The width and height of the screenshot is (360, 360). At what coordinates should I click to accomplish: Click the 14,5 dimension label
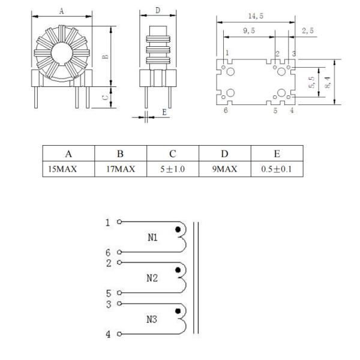(256, 16)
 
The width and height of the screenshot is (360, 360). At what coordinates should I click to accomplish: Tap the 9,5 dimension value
(249, 31)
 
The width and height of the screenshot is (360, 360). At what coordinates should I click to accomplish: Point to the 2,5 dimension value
(308, 31)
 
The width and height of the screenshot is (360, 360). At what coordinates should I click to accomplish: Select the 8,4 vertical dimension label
(328, 82)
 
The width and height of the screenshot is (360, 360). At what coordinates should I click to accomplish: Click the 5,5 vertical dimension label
(312, 82)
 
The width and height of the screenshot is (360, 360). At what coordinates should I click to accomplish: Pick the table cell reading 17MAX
(121, 169)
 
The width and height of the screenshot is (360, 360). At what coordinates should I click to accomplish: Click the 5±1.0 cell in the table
(172, 169)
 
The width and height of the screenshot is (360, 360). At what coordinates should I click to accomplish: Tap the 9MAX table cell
(224, 169)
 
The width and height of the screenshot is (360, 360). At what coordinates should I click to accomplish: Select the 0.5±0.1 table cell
(277, 169)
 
